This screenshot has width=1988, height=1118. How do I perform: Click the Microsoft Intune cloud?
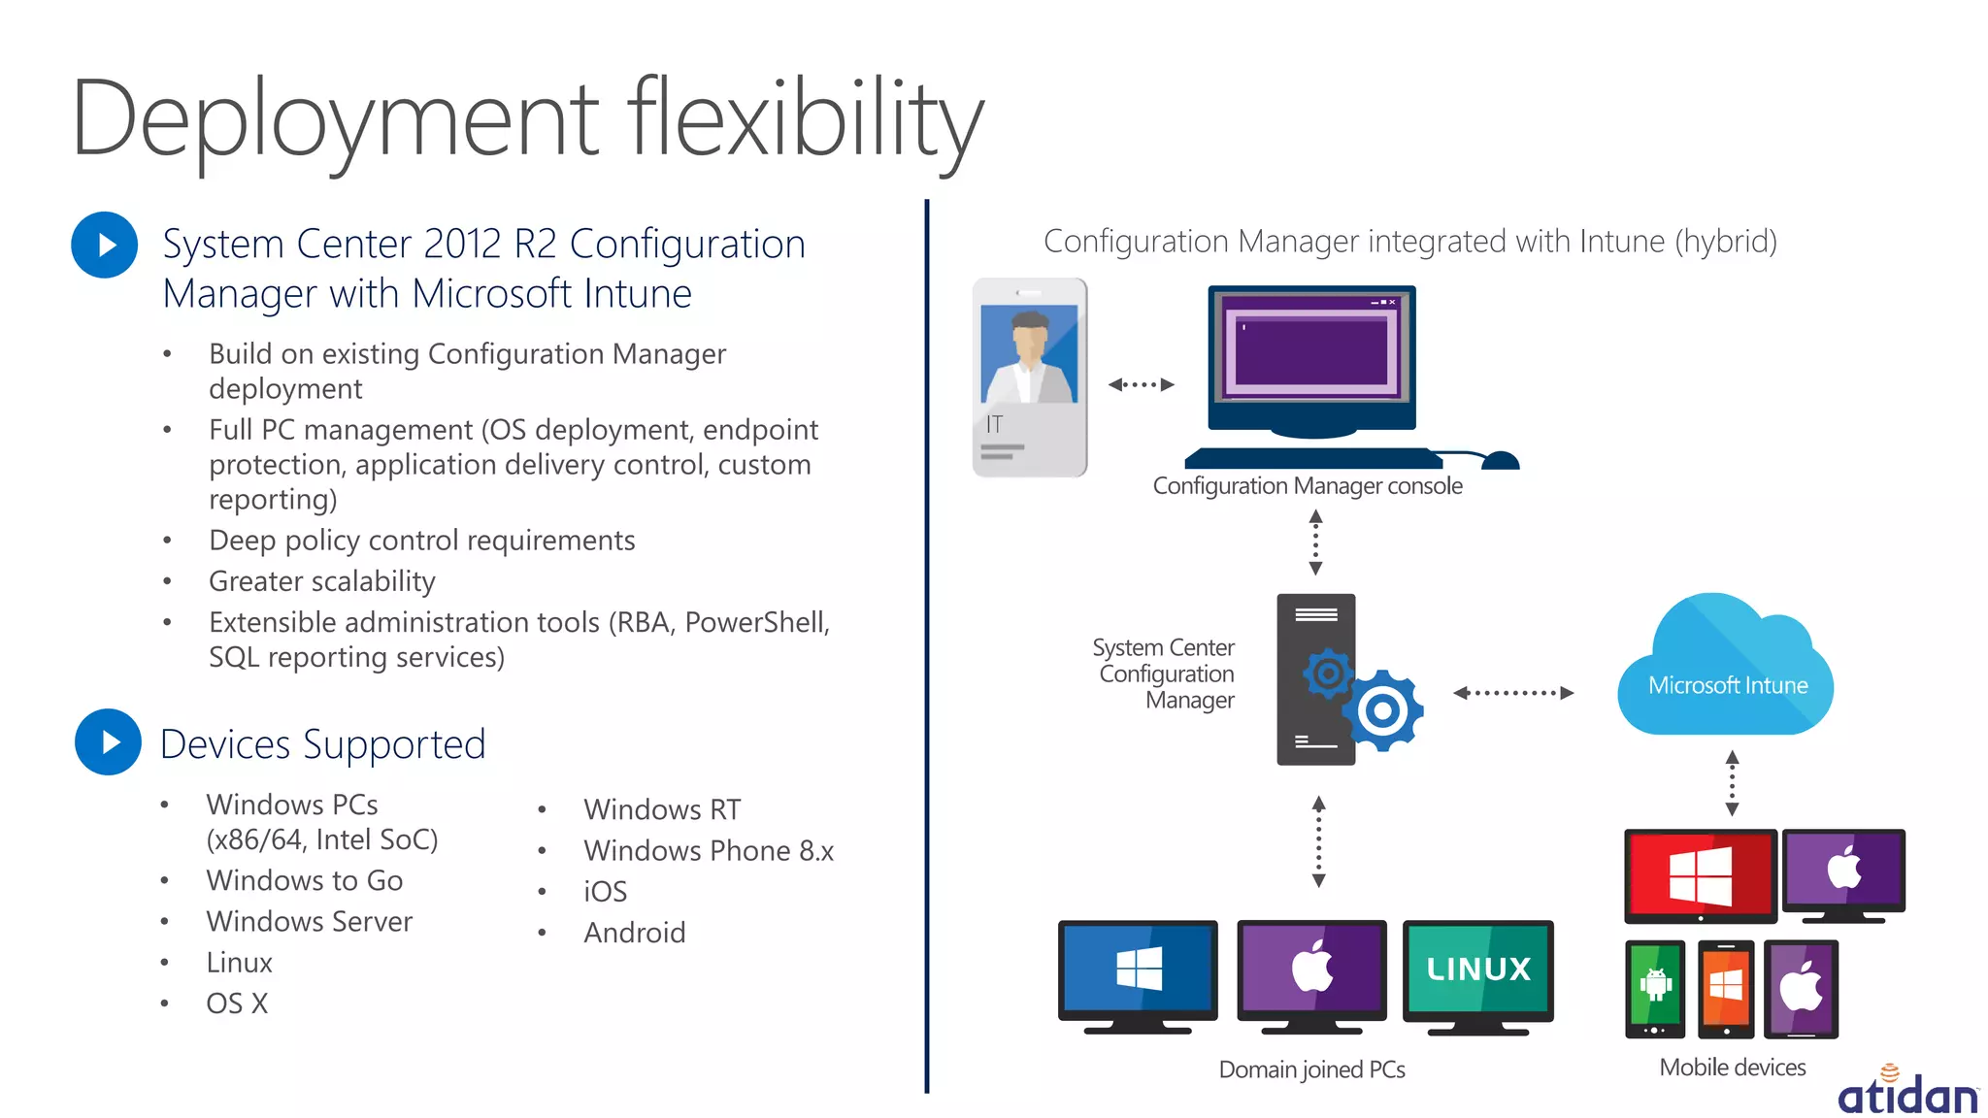click(x=1725, y=670)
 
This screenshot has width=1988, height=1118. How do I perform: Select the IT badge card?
click(x=1030, y=378)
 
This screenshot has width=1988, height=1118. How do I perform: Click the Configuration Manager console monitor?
click(x=1311, y=359)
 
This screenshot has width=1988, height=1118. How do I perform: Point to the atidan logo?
click(x=1906, y=1094)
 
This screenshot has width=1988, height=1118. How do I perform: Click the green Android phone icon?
click(x=1655, y=987)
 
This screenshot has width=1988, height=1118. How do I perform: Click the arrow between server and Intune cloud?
click(x=1512, y=693)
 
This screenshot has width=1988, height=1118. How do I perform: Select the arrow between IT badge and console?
click(x=1141, y=384)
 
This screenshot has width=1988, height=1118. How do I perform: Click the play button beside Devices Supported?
click(x=108, y=742)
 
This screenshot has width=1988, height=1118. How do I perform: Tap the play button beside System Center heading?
click(x=105, y=245)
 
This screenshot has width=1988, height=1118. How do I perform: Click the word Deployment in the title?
click(x=335, y=120)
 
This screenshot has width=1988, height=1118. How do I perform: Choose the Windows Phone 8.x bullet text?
click(x=709, y=851)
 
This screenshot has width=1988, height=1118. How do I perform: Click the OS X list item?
click(x=237, y=1003)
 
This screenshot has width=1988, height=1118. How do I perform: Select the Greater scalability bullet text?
click(x=321, y=581)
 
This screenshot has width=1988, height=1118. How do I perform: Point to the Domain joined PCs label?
click(x=1311, y=1069)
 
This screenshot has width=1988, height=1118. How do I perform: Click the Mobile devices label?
click(x=1732, y=1068)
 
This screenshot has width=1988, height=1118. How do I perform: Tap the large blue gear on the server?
click(x=1382, y=710)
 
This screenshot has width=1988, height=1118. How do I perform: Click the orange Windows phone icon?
click(x=1725, y=987)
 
